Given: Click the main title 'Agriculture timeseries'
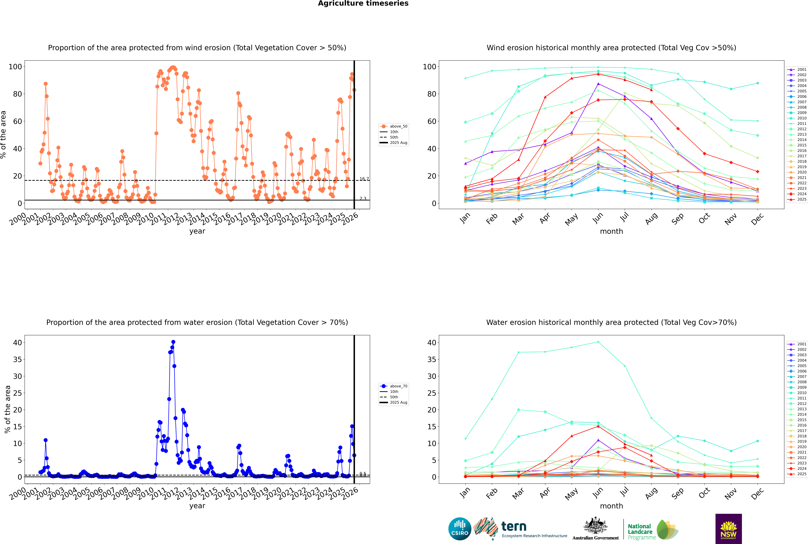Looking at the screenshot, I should (x=363, y=3).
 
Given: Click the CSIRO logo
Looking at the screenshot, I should (x=460, y=529).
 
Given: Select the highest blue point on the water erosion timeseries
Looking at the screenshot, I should (x=173, y=342).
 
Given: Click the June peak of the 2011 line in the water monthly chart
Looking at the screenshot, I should (x=598, y=342).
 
